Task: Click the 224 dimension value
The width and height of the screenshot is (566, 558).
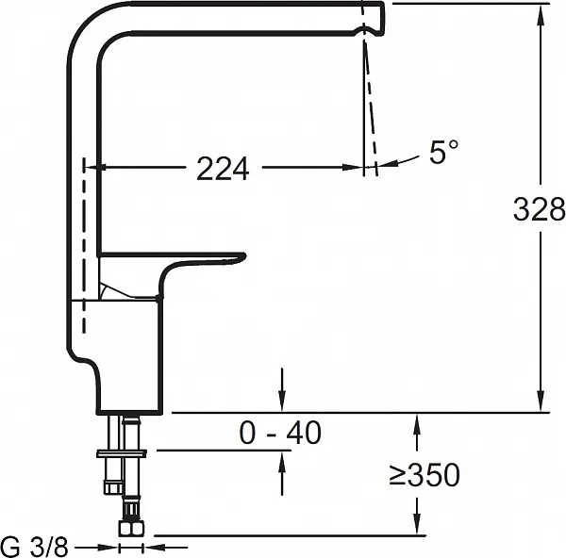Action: click(x=223, y=169)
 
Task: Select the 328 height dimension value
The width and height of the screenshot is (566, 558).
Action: click(x=539, y=209)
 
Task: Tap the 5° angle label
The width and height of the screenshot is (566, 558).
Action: click(x=444, y=152)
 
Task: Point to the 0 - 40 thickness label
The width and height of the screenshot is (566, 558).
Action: click(x=280, y=432)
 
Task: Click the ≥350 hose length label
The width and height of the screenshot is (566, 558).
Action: click(x=424, y=475)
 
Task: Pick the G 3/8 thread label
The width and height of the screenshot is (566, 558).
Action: click(x=35, y=547)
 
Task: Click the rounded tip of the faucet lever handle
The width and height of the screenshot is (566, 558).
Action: click(x=241, y=256)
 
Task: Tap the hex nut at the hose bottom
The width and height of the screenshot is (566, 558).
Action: click(x=131, y=528)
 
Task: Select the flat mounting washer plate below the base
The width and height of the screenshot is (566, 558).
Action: click(x=122, y=453)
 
